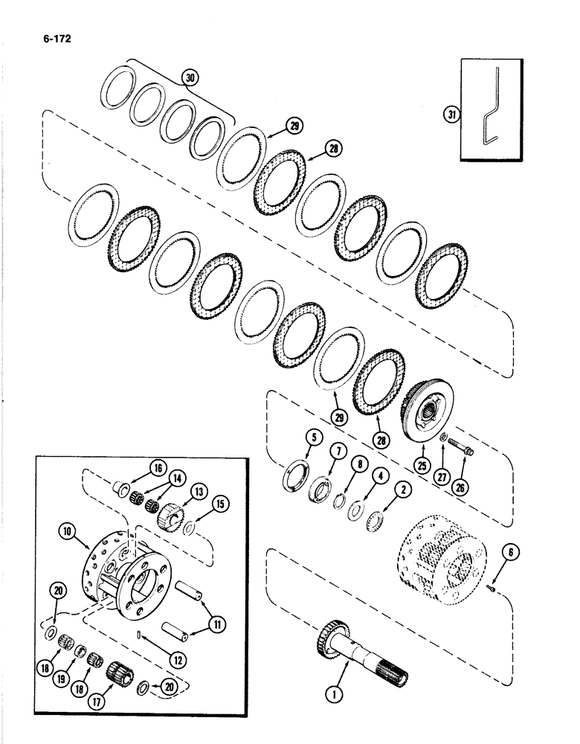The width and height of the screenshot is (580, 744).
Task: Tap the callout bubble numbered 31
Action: (450, 114)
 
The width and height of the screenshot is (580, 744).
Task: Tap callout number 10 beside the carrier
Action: (66, 533)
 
